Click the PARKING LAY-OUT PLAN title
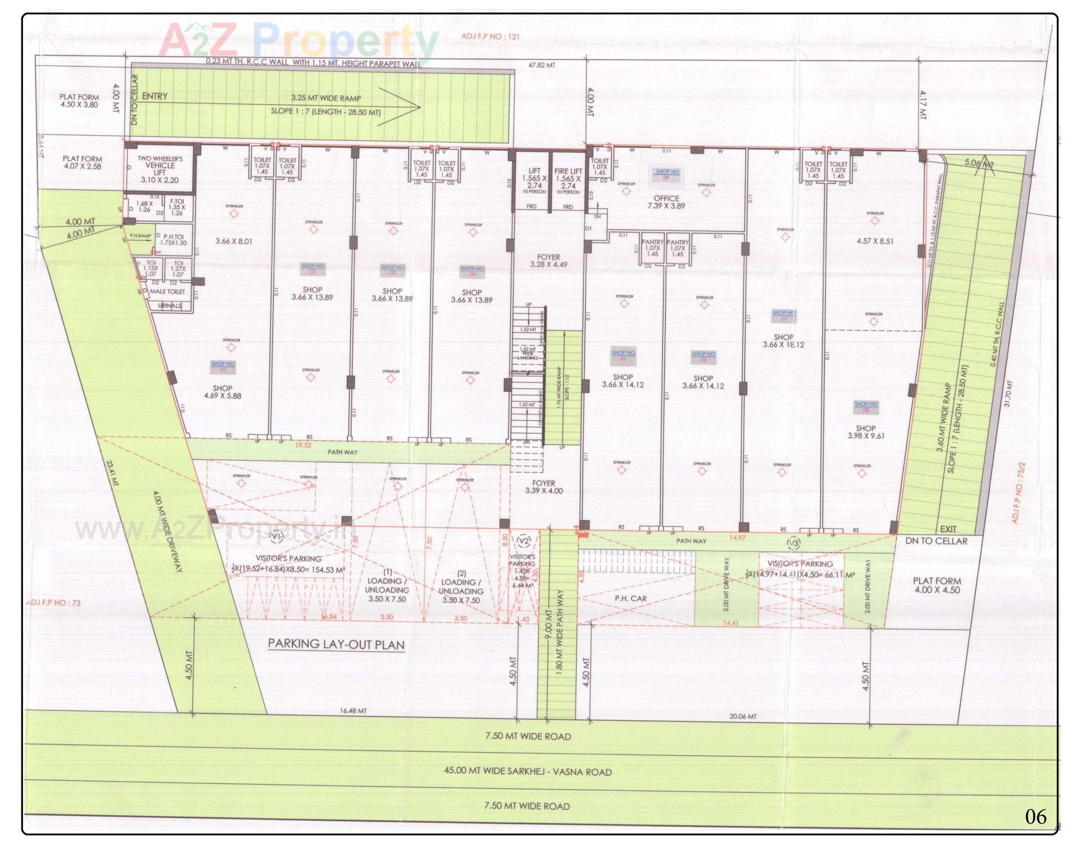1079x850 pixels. point(336,644)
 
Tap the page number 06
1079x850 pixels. point(1036,816)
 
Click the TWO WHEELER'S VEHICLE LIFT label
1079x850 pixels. point(160,169)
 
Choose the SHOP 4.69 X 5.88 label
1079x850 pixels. point(223,392)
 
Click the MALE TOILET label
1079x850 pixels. point(167,292)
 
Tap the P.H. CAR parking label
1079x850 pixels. point(630,598)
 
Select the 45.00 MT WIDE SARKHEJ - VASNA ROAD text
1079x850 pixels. point(528,771)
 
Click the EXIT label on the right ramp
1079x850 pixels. point(948,529)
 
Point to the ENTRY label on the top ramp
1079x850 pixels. point(155,96)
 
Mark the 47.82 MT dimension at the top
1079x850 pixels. point(542,65)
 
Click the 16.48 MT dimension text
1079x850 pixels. point(353,711)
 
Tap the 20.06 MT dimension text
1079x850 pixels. point(742,716)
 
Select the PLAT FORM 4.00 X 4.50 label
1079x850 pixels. point(937,585)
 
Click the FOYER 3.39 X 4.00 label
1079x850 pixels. point(543,487)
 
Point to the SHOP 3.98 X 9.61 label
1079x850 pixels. point(865,432)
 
